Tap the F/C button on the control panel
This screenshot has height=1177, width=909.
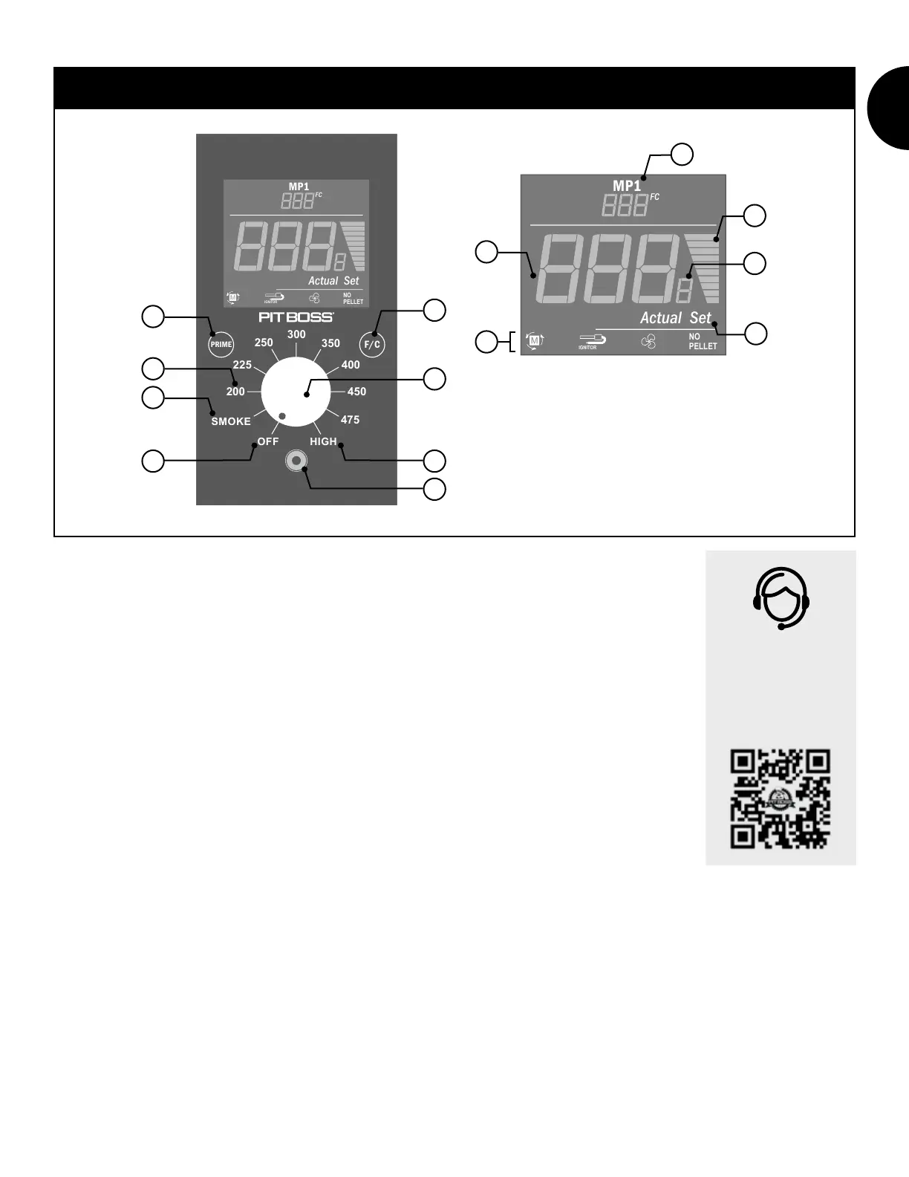372,345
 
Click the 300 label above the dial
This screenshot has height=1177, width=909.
296,334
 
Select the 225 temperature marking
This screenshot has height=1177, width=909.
242,365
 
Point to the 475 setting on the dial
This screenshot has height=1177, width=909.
350,420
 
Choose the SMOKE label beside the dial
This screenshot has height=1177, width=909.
231,421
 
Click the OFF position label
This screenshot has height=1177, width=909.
268,441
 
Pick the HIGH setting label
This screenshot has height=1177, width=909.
323,441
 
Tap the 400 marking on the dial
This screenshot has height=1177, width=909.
351,365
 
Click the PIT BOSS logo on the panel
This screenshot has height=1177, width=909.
296,317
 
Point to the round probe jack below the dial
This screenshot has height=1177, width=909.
296,461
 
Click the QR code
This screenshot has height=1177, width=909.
781,799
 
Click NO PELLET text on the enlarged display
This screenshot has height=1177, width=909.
703,341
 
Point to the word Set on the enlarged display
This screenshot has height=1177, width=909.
700,318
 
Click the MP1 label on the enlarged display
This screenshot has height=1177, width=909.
626,186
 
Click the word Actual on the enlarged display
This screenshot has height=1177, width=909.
661,318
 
